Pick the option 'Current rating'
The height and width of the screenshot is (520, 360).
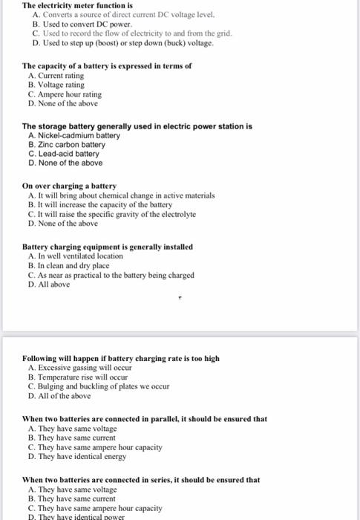(x=60, y=76)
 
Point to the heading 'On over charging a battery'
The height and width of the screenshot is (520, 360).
(x=70, y=186)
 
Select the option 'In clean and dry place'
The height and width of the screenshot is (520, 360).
(x=73, y=265)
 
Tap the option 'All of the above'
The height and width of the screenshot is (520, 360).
(x=64, y=396)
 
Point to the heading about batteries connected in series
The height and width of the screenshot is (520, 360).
(x=141, y=480)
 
